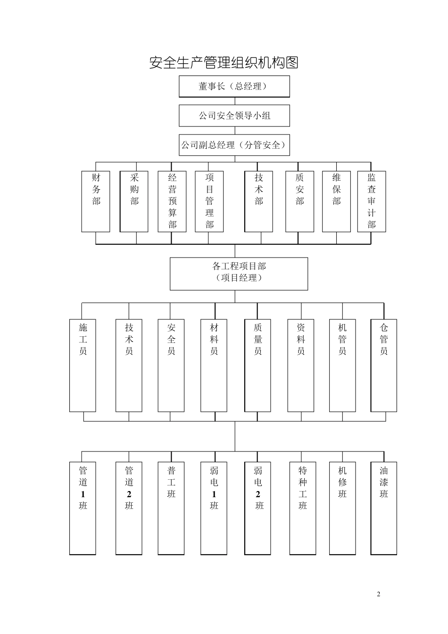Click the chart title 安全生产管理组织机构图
point(224,62)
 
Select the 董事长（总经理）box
point(234,86)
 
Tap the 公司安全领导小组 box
point(234,116)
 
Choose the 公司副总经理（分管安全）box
point(234,145)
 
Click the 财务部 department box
point(96,201)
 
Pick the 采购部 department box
point(134,201)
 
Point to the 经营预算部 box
point(172,201)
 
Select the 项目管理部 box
point(209,201)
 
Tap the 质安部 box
point(299,201)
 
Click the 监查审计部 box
point(372,201)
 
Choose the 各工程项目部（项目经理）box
point(239,274)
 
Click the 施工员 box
point(83,366)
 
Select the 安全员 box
point(171,366)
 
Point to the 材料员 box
point(214,366)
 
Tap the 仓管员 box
point(383,366)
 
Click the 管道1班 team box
point(83,508)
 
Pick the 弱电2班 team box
point(258,508)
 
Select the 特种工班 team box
point(302,508)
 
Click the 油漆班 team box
point(383,508)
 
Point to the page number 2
point(378,594)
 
